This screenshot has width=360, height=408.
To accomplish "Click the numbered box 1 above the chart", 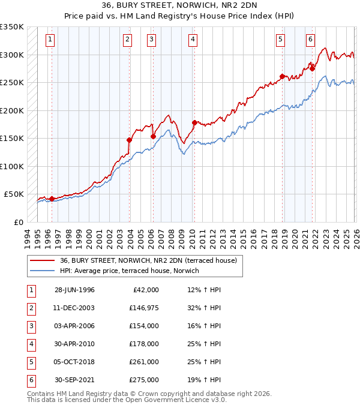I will [x=49, y=40].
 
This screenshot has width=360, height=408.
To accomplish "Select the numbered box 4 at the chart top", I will [x=193, y=40].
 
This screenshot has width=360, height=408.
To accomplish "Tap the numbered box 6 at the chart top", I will [x=310, y=40].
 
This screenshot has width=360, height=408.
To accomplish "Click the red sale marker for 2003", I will [x=130, y=140].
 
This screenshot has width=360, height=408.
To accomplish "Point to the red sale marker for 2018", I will [x=282, y=76].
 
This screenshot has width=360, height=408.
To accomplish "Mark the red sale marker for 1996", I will [x=52, y=199].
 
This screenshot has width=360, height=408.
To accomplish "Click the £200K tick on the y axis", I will [x=12, y=110].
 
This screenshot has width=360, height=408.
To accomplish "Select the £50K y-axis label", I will [x=14, y=194].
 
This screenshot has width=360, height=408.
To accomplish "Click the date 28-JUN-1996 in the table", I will [x=74, y=290].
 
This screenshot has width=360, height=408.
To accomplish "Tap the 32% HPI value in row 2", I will [x=204, y=308].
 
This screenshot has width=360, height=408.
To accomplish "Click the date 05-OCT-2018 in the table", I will [x=74, y=362].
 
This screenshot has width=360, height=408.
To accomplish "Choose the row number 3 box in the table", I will [x=30, y=326].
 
